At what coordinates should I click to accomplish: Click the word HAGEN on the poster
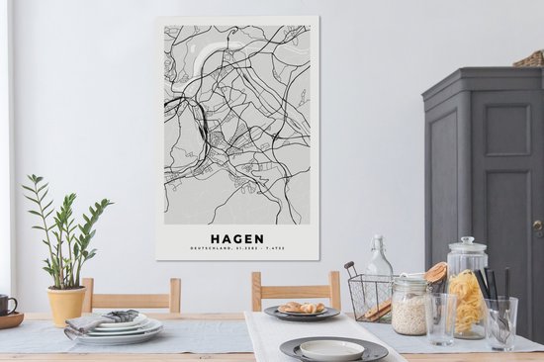[x=236, y=237]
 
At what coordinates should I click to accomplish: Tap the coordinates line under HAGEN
[x=236, y=250]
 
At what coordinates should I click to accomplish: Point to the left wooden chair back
[x=132, y=293]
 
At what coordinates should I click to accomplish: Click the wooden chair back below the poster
[x=296, y=289]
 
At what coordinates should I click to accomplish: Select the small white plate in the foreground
[x=331, y=349]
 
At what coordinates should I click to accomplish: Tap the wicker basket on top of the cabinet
[x=531, y=59]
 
